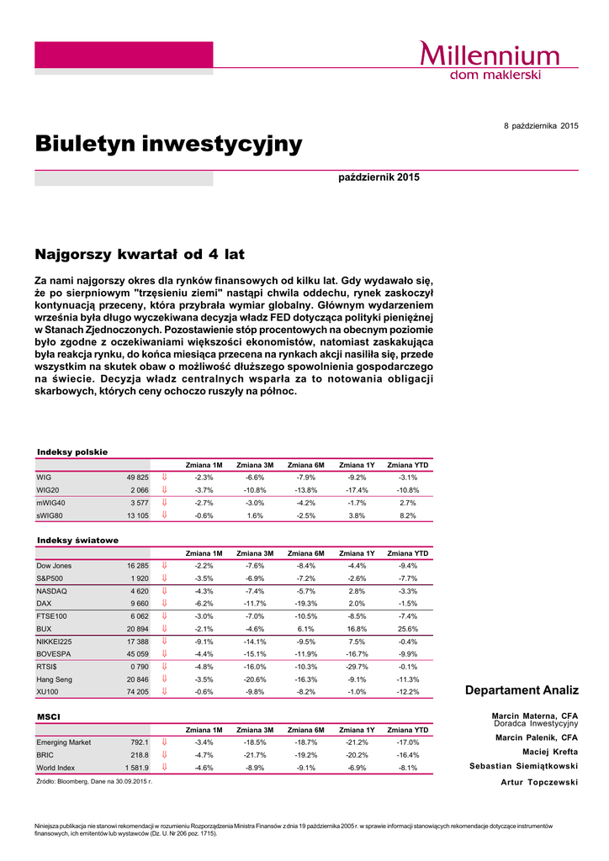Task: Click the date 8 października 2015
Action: point(541,125)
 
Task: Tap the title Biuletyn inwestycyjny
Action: point(168,144)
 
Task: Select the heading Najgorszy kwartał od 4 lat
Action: point(139,253)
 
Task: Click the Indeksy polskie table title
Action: point(72,452)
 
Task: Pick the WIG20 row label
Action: point(48,489)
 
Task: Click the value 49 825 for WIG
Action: point(137,477)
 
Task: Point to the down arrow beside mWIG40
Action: point(165,502)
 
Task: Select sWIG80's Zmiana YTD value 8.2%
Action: point(408,515)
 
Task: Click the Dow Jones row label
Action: point(54,566)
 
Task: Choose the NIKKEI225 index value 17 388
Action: point(137,642)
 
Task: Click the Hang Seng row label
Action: point(55,679)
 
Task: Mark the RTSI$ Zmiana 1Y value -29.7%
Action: point(357,667)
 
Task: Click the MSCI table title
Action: point(48,716)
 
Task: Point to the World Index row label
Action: point(56,768)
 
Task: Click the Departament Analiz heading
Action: point(522,690)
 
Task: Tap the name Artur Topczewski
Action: point(539,782)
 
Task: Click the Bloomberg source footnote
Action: point(93,781)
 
